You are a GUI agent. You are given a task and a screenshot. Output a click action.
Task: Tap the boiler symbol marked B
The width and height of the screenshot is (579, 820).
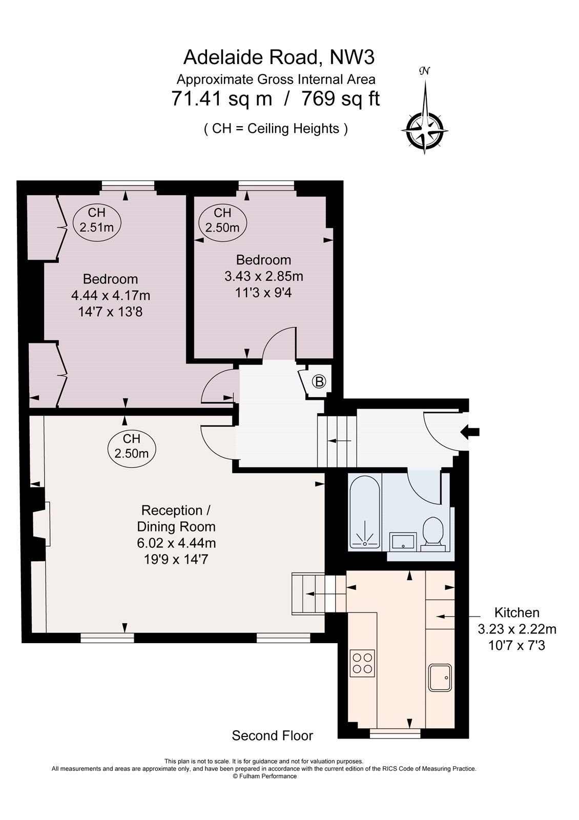pos(319,381)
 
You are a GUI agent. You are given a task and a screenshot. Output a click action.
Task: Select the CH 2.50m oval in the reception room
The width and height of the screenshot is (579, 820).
pos(132,446)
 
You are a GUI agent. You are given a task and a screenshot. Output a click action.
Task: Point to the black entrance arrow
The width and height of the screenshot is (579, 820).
pos(470,432)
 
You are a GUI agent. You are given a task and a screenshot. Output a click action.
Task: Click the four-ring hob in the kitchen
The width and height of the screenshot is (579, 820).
pos(362,662)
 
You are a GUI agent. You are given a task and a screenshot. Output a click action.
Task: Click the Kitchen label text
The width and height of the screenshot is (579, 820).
pos(516,612)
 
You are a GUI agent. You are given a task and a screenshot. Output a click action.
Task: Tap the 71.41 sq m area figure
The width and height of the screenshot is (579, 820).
pos(222,98)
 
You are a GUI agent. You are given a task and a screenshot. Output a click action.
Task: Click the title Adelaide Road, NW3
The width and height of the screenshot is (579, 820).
pos(279,57)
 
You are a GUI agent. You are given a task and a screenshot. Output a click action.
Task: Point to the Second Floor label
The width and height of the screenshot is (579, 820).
pos(272,736)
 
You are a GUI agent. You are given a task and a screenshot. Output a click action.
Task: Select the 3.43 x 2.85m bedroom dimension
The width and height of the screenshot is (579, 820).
pos(263,276)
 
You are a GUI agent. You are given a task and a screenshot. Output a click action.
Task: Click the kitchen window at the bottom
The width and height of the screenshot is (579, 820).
pos(395,734)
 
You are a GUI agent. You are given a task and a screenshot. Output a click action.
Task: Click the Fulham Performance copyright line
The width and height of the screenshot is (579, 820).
pos(264,776)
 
